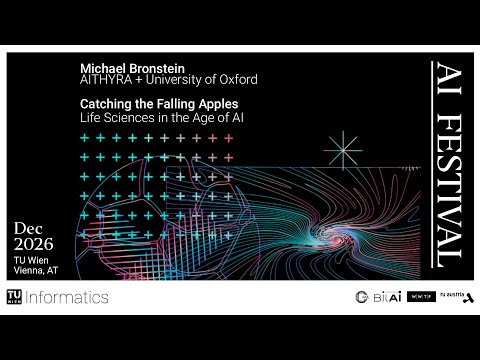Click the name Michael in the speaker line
(x=101, y=66)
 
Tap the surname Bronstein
(x=157, y=66)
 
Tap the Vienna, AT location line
(x=34, y=271)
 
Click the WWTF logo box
(x=421, y=297)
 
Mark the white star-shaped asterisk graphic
(x=343, y=151)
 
